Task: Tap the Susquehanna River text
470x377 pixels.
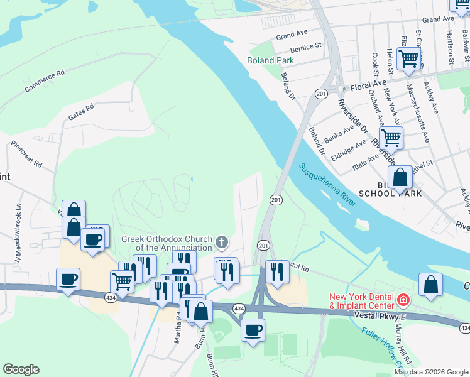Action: coord(327,185)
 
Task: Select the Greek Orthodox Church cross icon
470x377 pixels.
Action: coord(221,242)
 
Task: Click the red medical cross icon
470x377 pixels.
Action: coord(403,300)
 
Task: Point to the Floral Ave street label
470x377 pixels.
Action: coord(369,84)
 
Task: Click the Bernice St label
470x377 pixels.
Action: coord(306,47)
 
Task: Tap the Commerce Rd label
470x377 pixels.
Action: coord(45,82)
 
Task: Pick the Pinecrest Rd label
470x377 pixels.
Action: coord(26,155)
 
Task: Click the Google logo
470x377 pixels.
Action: coord(21,369)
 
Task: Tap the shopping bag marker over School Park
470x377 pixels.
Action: coord(400,178)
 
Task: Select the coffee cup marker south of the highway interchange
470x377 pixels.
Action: coord(253,330)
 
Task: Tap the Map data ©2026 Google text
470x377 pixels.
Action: coord(430,372)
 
